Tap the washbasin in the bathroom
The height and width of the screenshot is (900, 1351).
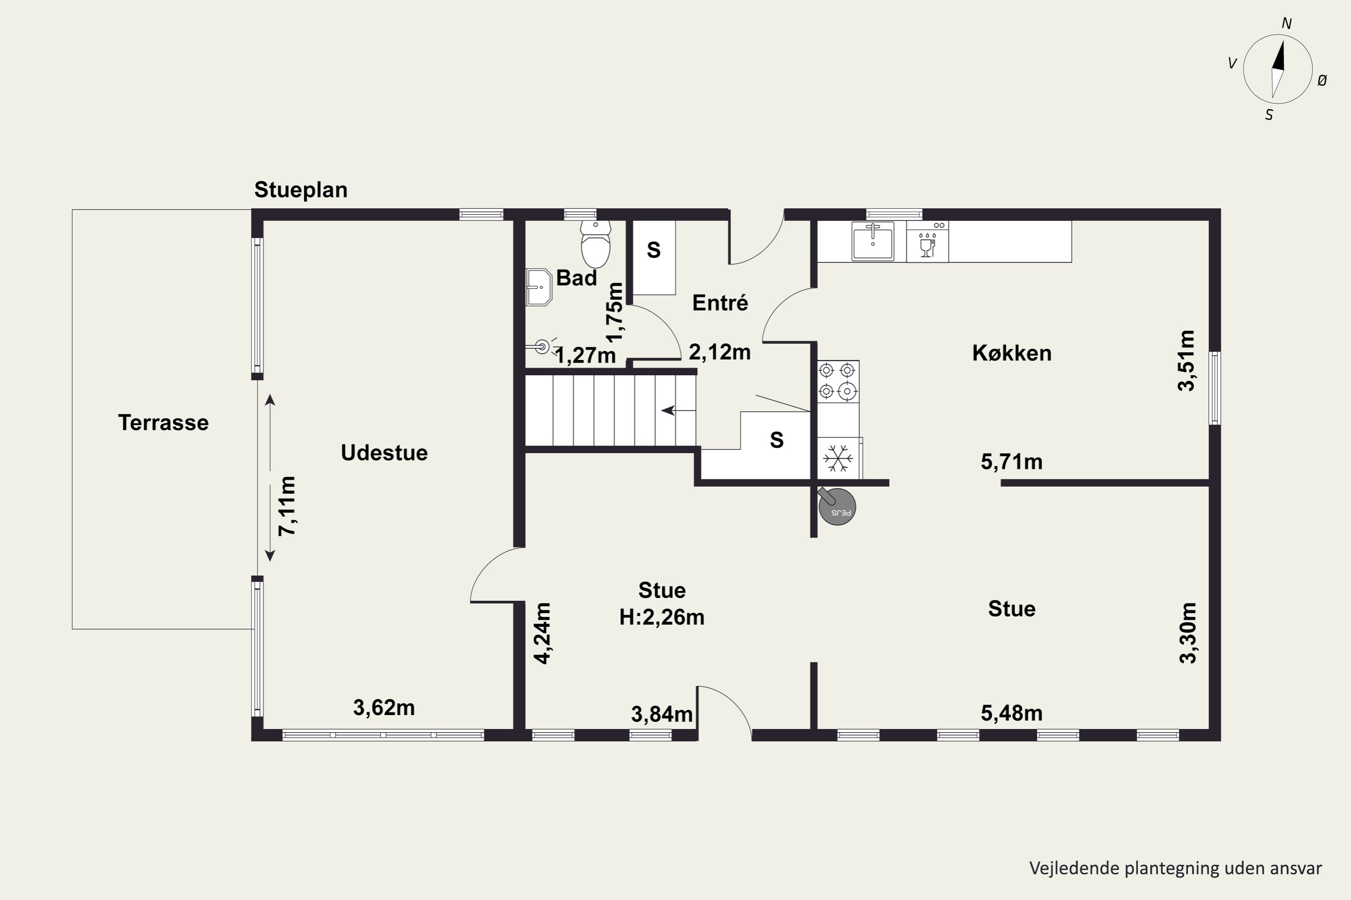coord(538,287)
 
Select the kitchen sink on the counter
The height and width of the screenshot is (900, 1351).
coord(873,242)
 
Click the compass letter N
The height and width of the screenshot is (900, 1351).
coord(1287,23)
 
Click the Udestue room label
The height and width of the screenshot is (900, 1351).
coord(384,452)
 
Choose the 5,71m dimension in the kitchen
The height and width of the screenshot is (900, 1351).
coord(1011,462)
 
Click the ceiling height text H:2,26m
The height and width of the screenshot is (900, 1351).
coord(662,617)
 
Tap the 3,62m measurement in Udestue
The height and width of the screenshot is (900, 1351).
coord(384,708)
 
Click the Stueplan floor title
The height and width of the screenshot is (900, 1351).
coord(301,190)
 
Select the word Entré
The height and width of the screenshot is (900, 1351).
coord(720,302)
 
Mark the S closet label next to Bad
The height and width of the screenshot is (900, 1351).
coord(654,250)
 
